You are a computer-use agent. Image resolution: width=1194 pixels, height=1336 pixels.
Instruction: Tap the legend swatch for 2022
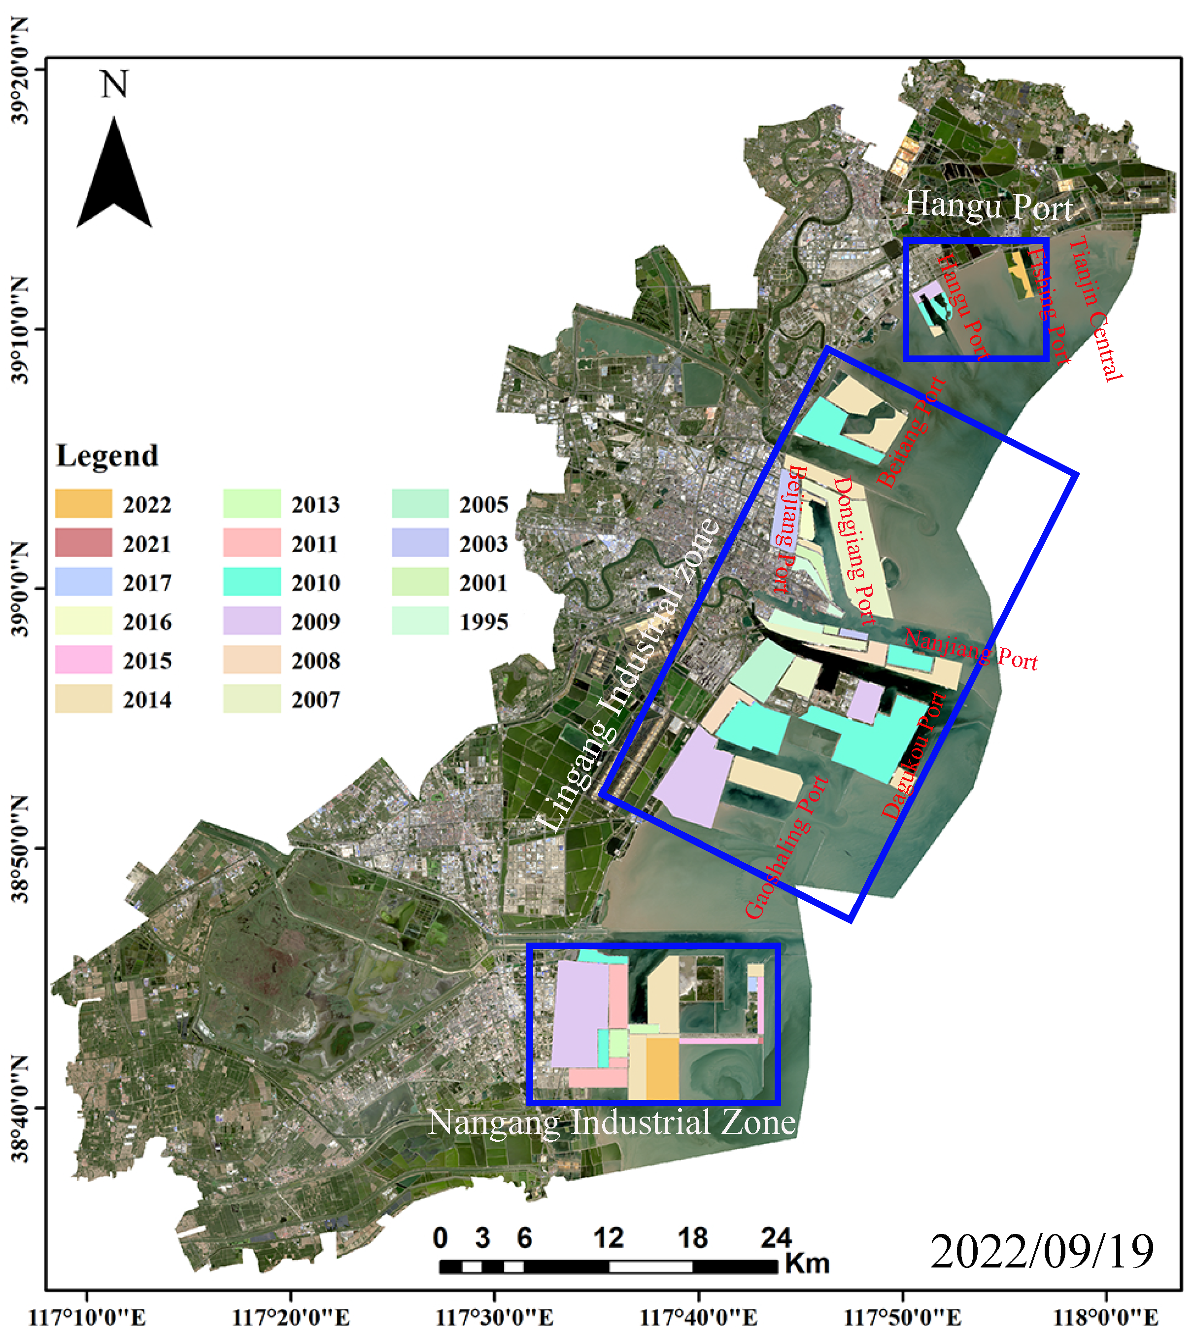[x=83, y=503]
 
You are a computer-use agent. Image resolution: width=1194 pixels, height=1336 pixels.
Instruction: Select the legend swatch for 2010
[x=252, y=581]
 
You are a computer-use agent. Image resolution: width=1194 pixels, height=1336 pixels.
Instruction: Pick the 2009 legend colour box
[x=252, y=620]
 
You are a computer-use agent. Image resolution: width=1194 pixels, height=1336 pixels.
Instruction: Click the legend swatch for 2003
[x=420, y=543]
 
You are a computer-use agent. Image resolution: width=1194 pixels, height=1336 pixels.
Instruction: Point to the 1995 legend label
[x=483, y=621]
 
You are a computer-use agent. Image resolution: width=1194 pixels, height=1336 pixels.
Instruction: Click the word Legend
[x=107, y=456]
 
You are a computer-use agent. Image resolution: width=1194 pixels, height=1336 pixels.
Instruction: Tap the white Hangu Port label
[x=988, y=206]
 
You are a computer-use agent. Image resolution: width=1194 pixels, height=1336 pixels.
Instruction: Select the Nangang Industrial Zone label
[x=612, y=1122]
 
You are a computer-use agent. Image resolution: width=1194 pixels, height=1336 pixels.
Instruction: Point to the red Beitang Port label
[x=911, y=432]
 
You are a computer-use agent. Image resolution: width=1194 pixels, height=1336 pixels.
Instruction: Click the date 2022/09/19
[x=1041, y=1251]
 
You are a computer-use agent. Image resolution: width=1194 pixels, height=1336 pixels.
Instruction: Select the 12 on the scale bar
[x=608, y=1237]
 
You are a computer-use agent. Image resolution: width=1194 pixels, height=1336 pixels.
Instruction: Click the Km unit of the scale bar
[x=807, y=1263]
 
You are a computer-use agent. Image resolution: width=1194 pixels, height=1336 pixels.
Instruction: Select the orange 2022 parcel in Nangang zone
[x=661, y=1068]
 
